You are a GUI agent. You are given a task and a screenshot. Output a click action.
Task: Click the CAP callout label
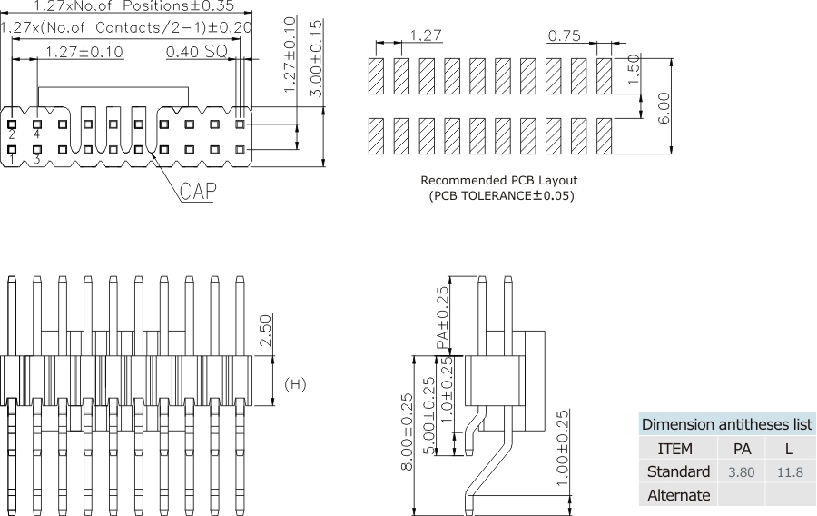(x=196, y=192)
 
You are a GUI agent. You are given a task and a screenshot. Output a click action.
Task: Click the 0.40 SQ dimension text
(x=196, y=52)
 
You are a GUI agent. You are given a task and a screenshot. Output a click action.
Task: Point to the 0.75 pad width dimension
(x=564, y=36)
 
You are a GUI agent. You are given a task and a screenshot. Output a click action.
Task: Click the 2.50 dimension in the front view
(x=264, y=331)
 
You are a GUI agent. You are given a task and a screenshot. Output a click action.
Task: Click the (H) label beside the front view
(x=296, y=384)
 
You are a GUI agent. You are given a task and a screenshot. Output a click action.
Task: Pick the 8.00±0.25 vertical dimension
(x=408, y=432)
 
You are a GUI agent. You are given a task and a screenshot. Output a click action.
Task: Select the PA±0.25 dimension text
(x=443, y=317)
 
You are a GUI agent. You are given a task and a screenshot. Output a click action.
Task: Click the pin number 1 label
(x=12, y=160)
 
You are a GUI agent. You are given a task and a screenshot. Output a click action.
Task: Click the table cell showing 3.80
(x=742, y=472)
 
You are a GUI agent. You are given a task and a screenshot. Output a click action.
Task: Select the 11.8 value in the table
(x=790, y=472)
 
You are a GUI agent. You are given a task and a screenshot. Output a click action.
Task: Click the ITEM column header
(x=674, y=449)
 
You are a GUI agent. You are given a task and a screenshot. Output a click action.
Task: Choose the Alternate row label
(x=678, y=495)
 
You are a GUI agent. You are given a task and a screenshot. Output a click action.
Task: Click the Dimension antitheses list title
(x=726, y=424)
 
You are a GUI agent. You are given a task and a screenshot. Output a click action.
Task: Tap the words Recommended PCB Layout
(x=498, y=180)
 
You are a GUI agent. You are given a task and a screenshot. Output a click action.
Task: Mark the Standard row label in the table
(x=678, y=472)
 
